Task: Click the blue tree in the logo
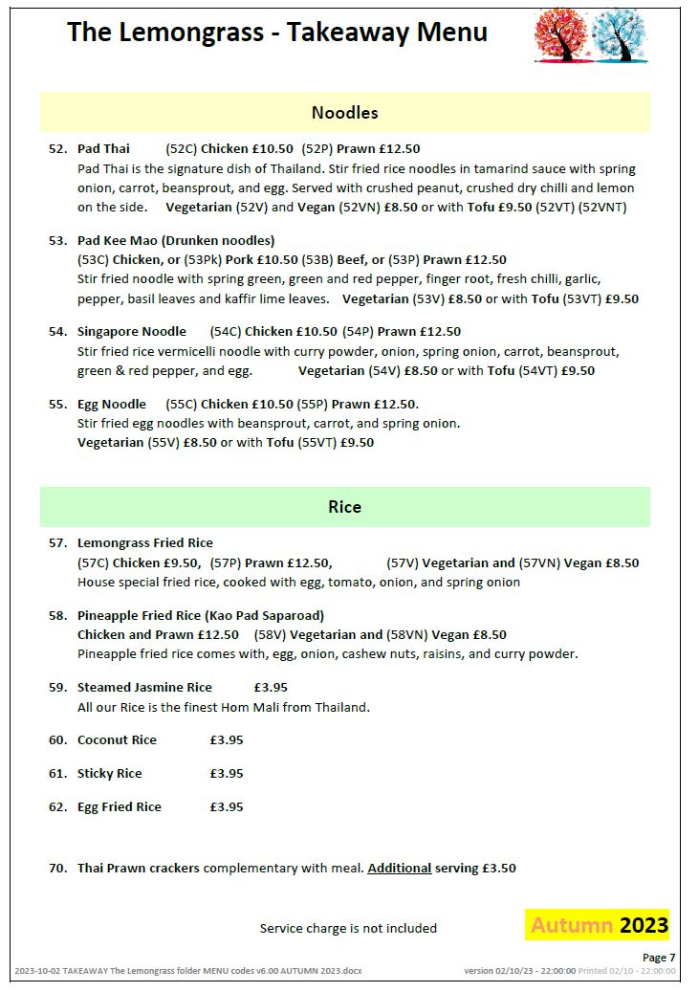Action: click(621, 34)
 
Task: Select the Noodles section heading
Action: click(344, 113)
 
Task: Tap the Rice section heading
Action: click(344, 507)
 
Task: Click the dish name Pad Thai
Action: click(103, 149)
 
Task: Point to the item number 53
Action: click(57, 240)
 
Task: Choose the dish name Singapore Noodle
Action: click(132, 332)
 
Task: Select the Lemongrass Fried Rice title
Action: click(145, 543)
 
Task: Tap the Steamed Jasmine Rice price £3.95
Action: click(271, 688)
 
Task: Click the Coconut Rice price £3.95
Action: click(227, 740)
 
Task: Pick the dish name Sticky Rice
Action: click(109, 774)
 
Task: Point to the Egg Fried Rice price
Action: click(227, 807)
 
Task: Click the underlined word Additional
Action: click(399, 869)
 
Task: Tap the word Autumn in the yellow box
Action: click(572, 925)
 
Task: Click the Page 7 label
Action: click(659, 958)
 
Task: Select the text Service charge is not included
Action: click(348, 928)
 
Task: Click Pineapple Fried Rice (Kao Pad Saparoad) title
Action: click(201, 615)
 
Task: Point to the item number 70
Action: click(57, 869)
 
